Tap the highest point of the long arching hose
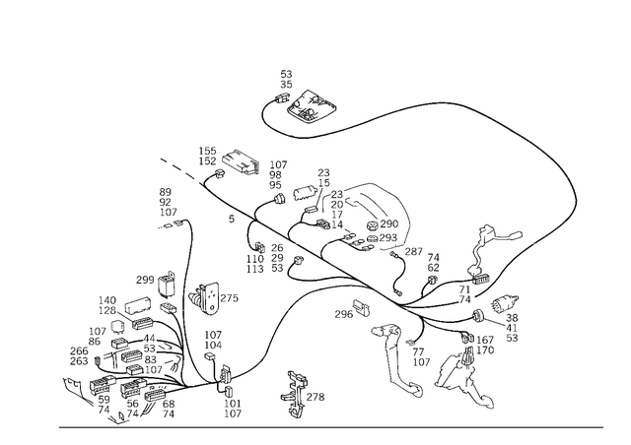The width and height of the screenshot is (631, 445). click(444, 100)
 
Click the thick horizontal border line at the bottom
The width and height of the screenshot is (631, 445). click(325, 426)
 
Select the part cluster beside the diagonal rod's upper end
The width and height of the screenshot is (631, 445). click(225, 160)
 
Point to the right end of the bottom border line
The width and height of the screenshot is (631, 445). click(603, 426)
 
